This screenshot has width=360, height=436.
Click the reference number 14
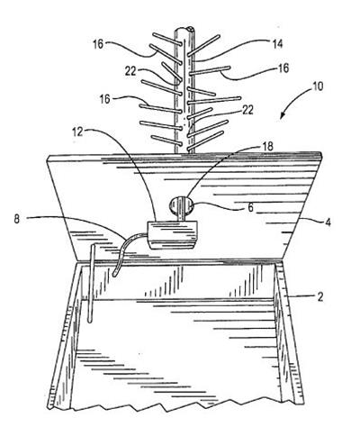(277, 44)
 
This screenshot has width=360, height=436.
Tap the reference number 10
(318, 86)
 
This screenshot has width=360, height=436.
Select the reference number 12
(77, 132)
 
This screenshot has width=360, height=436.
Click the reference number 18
(268, 147)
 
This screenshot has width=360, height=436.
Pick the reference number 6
(250, 207)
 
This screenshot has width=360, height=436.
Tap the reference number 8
(17, 219)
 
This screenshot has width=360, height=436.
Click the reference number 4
(328, 223)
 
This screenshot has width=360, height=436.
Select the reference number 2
(320, 297)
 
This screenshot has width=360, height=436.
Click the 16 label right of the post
(283, 68)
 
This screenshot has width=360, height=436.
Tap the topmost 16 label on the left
(98, 44)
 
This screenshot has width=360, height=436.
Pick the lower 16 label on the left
(105, 99)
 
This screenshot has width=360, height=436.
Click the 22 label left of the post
(130, 71)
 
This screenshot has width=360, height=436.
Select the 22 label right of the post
(247, 110)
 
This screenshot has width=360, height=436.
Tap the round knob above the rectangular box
(181, 205)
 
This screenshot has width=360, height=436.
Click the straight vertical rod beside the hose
(91, 284)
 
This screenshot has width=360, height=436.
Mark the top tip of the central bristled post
(184, 29)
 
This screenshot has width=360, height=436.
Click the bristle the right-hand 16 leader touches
(209, 70)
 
